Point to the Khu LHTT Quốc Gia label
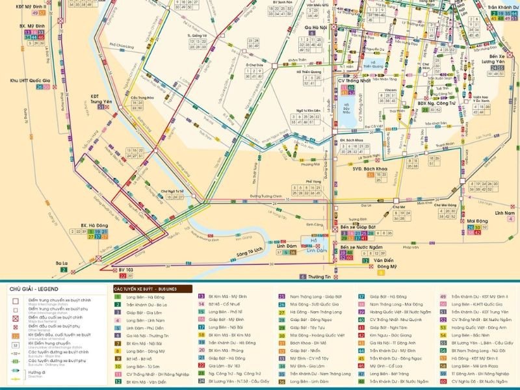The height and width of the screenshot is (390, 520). coord(30,80)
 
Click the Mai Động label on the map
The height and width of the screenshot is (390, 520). coord(478,221)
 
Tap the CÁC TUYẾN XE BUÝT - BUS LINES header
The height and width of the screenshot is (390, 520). coord(151,288)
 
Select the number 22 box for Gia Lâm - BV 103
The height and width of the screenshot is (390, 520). coord(201,366)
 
